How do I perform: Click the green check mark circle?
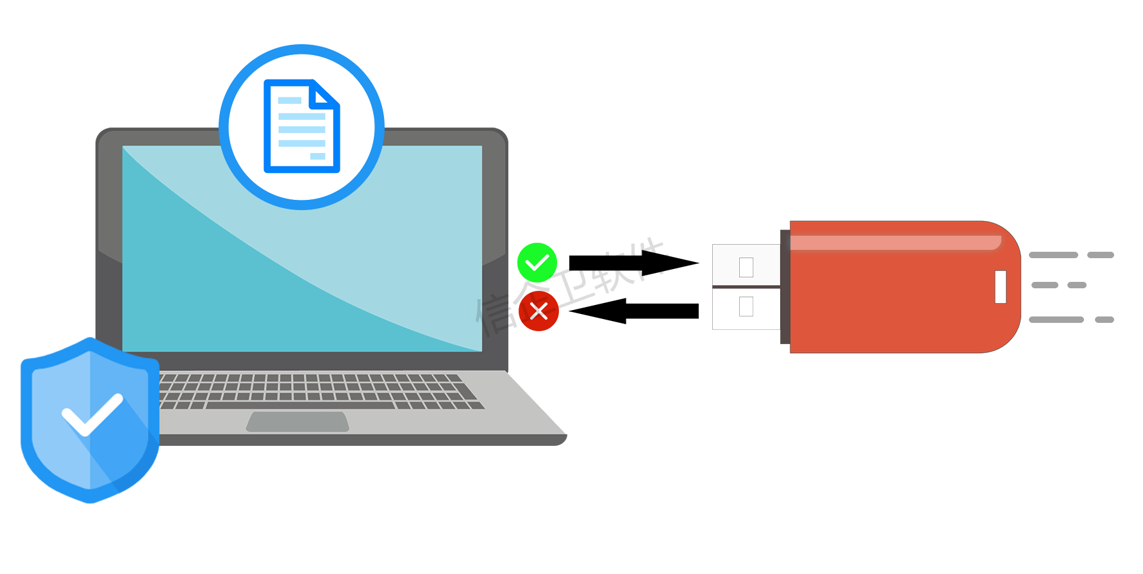pyautogui.click(x=537, y=263)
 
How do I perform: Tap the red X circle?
pyautogui.click(x=538, y=311)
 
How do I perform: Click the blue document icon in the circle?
pyautogui.click(x=301, y=126)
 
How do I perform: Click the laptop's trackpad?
pyautogui.click(x=298, y=422)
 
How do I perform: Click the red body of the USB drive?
pyautogui.click(x=897, y=301)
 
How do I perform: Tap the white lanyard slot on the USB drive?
pyautogui.click(x=1001, y=286)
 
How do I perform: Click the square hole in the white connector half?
pyautogui.click(x=746, y=266)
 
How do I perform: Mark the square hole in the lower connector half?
pyautogui.click(x=746, y=306)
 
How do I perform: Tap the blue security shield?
pyautogui.click(x=90, y=420)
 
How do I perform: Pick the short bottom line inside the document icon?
pyautogui.click(x=317, y=156)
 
